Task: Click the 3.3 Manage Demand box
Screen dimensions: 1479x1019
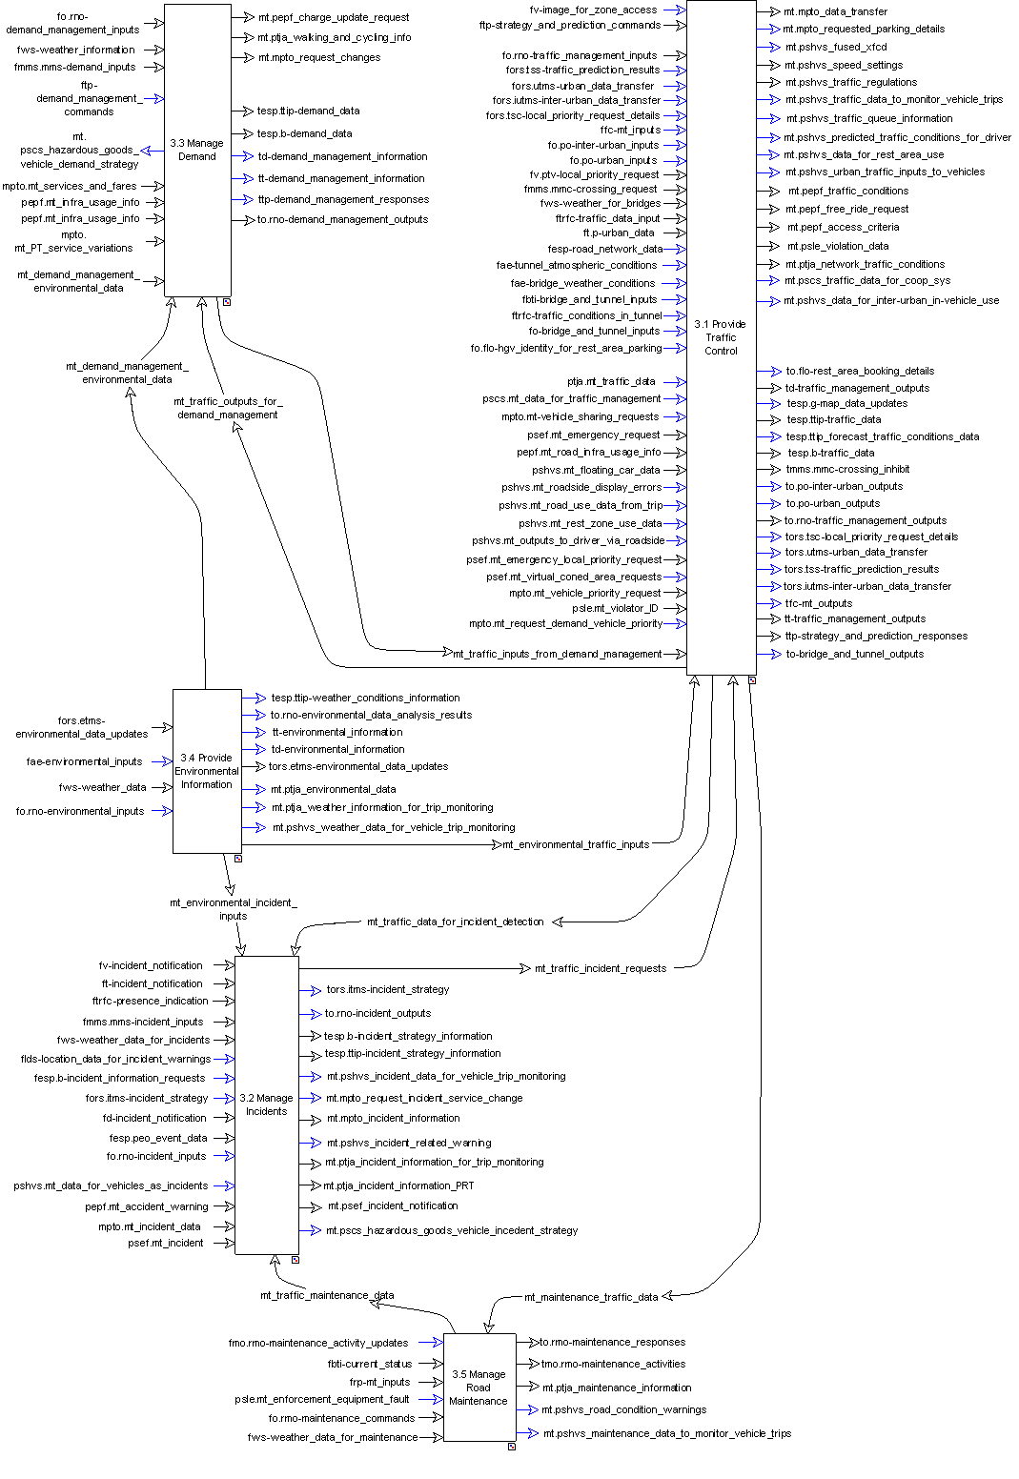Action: pyautogui.click(x=197, y=151)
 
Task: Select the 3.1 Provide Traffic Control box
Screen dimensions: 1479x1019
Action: pyautogui.click(x=721, y=337)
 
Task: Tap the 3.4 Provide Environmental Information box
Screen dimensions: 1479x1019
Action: pyautogui.click(x=207, y=771)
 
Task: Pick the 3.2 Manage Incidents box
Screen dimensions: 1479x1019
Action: pyautogui.click(x=267, y=1104)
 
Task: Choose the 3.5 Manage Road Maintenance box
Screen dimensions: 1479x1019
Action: pyautogui.click(x=479, y=1388)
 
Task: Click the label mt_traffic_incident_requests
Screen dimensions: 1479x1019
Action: pyautogui.click(x=601, y=969)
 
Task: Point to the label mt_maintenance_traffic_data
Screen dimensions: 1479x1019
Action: pyautogui.click(x=591, y=1297)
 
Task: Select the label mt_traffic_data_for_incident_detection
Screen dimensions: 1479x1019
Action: pyautogui.click(x=456, y=922)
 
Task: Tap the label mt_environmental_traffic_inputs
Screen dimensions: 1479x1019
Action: pyautogui.click(x=576, y=844)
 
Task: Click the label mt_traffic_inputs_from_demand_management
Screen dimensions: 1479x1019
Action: pyautogui.click(x=558, y=655)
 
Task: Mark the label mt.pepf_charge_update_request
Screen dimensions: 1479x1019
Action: pyautogui.click(x=334, y=17)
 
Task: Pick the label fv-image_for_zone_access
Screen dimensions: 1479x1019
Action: pyautogui.click(x=593, y=10)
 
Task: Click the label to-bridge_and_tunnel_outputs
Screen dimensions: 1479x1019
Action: pyautogui.click(x=854, y=655)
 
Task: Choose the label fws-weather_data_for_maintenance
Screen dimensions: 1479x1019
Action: pyautogui.click(x=333, y=1437)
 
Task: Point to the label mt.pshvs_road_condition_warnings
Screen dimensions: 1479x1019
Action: pyautogui.click(x=624, y=1409)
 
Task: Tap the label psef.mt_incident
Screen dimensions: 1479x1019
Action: pyautogui.click(x=166, y=1243)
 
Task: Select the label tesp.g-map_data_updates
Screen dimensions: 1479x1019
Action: pyautogui.click(x=846, y=404)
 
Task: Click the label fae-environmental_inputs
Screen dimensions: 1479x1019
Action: pyautogui.click(x=84, y=761)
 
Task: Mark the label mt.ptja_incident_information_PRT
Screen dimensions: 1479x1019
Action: pyautogui.click(x=398, y=1185)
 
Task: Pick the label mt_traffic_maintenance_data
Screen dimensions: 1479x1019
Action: pyautogui.click(x=327, y=1296)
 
